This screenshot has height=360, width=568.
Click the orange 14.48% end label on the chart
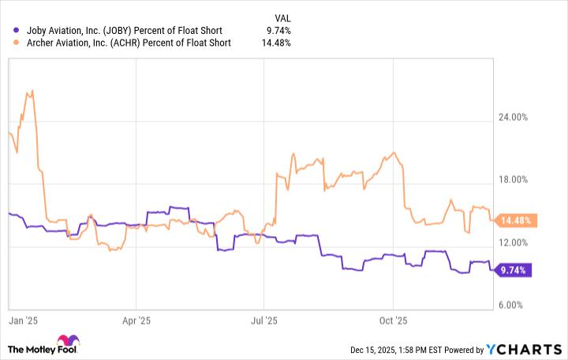(517, 220)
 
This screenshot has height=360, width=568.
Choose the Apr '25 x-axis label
(137, 321)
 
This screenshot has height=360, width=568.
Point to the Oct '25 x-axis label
(392, 321)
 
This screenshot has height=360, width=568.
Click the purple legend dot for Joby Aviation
(9, 31)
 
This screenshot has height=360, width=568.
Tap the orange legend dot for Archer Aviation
(9, 43)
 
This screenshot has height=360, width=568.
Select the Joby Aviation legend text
(122, 31)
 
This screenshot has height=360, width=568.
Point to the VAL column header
(282, 16)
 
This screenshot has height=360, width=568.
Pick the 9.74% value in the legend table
(278, 31)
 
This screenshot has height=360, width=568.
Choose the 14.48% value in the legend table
(275, 43)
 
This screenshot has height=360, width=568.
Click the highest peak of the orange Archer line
(31, 90)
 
